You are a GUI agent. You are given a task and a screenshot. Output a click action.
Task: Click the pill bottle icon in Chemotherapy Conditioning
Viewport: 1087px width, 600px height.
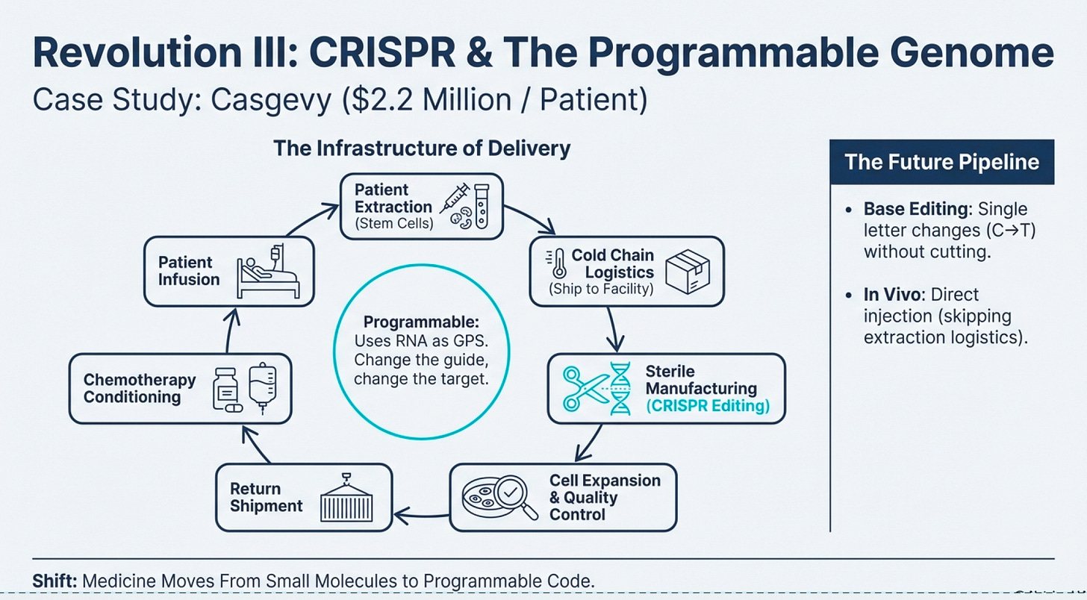click(227, 389)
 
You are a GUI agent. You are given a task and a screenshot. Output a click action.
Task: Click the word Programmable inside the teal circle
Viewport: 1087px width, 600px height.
click(420, 323)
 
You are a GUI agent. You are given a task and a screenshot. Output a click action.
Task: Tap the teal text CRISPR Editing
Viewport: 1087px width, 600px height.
click(707, 406)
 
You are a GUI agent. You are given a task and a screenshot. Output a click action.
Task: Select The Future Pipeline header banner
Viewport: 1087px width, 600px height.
click(941, 162)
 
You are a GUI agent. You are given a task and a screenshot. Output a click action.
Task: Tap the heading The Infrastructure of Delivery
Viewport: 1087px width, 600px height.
click(422, 148)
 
